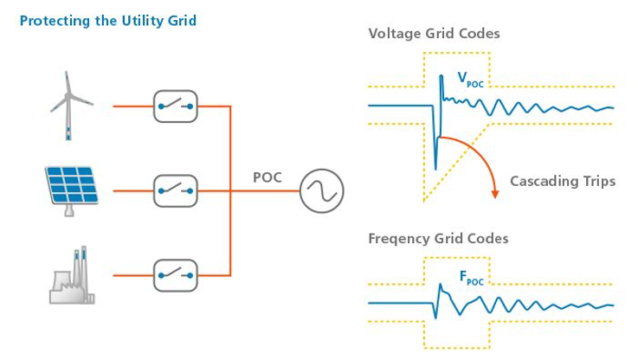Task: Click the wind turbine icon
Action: click(70, 106)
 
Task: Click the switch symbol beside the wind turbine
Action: click(176, 106)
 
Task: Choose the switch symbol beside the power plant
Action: click(176, 275)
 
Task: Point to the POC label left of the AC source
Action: click(268, 177)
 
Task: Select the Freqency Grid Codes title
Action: click(438, 238)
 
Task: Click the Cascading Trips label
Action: click(563, 181)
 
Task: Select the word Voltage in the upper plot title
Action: click(394, 34)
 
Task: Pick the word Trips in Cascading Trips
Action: click(596, 181)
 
